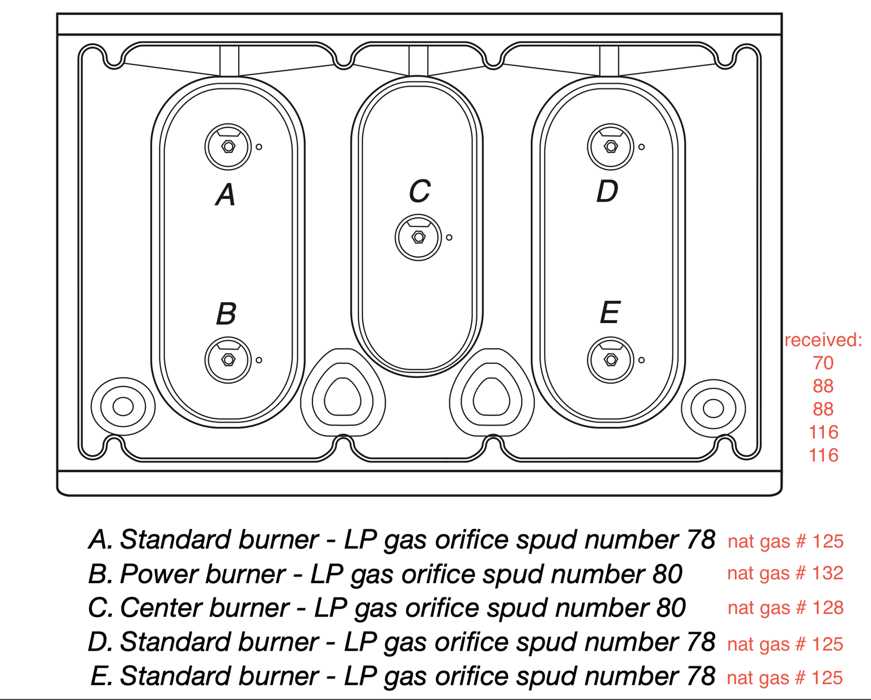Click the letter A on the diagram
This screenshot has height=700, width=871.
[x=226, y=195]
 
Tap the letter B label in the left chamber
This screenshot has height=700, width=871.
[x=226, y=313]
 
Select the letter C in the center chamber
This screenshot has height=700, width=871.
[x=420, y=192]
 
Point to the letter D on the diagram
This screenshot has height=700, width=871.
[x=607, y=192]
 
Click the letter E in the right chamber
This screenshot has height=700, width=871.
[x=610, y=313]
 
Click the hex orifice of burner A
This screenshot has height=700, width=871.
[x=228, y=147]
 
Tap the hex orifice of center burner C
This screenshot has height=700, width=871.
[x=418, y=237]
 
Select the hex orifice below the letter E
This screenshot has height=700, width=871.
[x=611, y=360]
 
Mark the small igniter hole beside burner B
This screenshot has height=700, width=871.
[x=259, y=360]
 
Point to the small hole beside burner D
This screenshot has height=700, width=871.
[x=641, y=147]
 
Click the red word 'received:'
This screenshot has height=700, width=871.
[x=823, y=340]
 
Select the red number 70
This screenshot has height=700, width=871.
[x=823, y=363]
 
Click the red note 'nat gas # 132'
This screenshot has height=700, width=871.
[x=785, y=573]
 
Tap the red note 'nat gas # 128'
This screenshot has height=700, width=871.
[x=785, y=608]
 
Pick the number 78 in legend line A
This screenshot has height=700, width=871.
[x=700, y=540]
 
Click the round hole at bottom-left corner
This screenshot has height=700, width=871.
[x=123, y=406]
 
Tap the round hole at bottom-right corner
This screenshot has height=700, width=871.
[x=713, y=408]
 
